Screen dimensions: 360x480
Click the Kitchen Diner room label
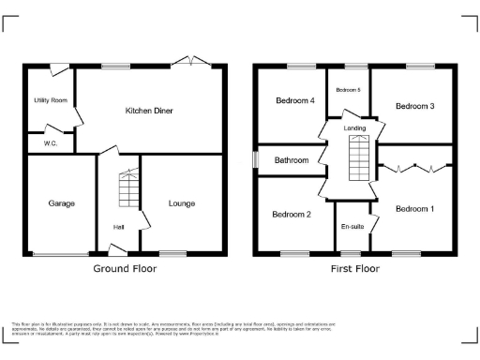tap(149, 111)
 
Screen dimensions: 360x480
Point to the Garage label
tap(62, 202)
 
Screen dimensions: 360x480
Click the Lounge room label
tap(182, 202)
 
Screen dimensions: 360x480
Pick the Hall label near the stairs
tap(118, 226)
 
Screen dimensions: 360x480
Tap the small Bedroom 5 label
tap(348, 90)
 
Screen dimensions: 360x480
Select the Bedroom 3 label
tap(414, 106)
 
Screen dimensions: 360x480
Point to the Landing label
tap(354, 128)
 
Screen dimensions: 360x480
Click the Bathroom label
tap(292, 160)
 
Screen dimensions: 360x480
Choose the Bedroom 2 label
tap(292, 214)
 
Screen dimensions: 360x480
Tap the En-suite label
tap(352, 226)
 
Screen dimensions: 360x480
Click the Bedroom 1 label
tap(414, 207)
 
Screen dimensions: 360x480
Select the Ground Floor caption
tap(125, 268)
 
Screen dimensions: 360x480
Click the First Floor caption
tap(354, 268)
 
